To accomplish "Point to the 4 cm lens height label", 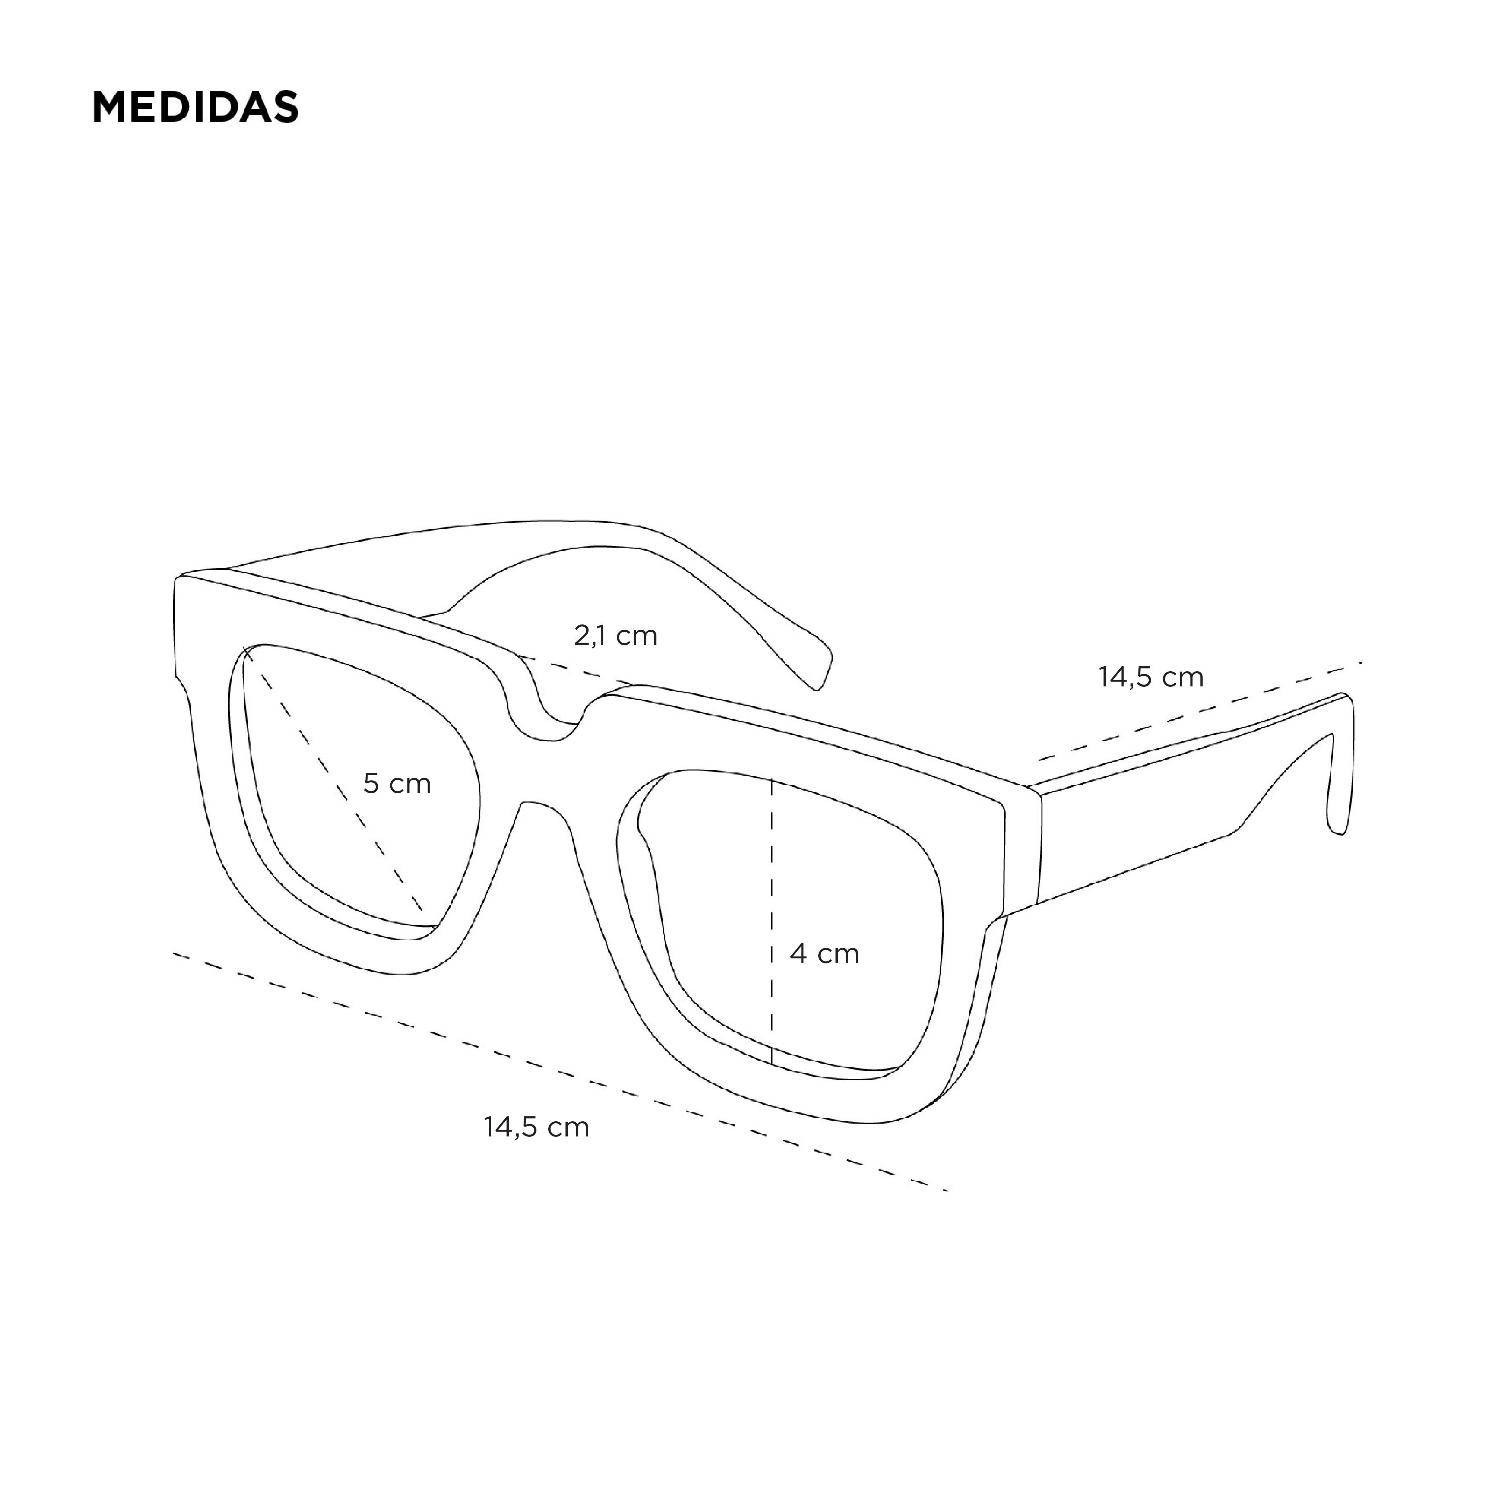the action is point(824,953).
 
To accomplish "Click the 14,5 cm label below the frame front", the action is point(536,1127).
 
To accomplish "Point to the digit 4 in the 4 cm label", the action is point(799,953).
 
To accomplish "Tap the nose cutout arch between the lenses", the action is point(540,805).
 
